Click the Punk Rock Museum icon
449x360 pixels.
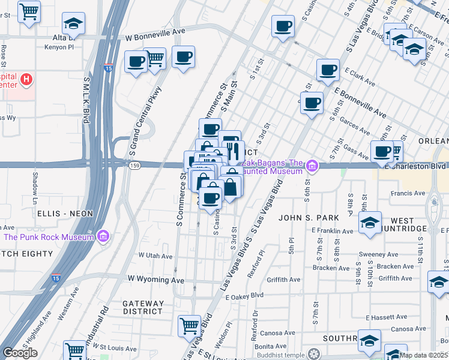103,237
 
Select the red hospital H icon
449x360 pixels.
26,79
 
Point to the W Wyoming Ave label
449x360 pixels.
156,280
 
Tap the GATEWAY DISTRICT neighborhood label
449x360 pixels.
143,307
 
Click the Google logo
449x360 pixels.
20,353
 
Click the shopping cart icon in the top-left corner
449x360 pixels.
29,11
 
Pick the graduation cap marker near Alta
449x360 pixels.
73,23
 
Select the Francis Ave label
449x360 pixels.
408,193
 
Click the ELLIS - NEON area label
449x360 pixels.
65,214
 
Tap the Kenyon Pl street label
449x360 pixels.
62,46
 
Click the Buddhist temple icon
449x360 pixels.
312,353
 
